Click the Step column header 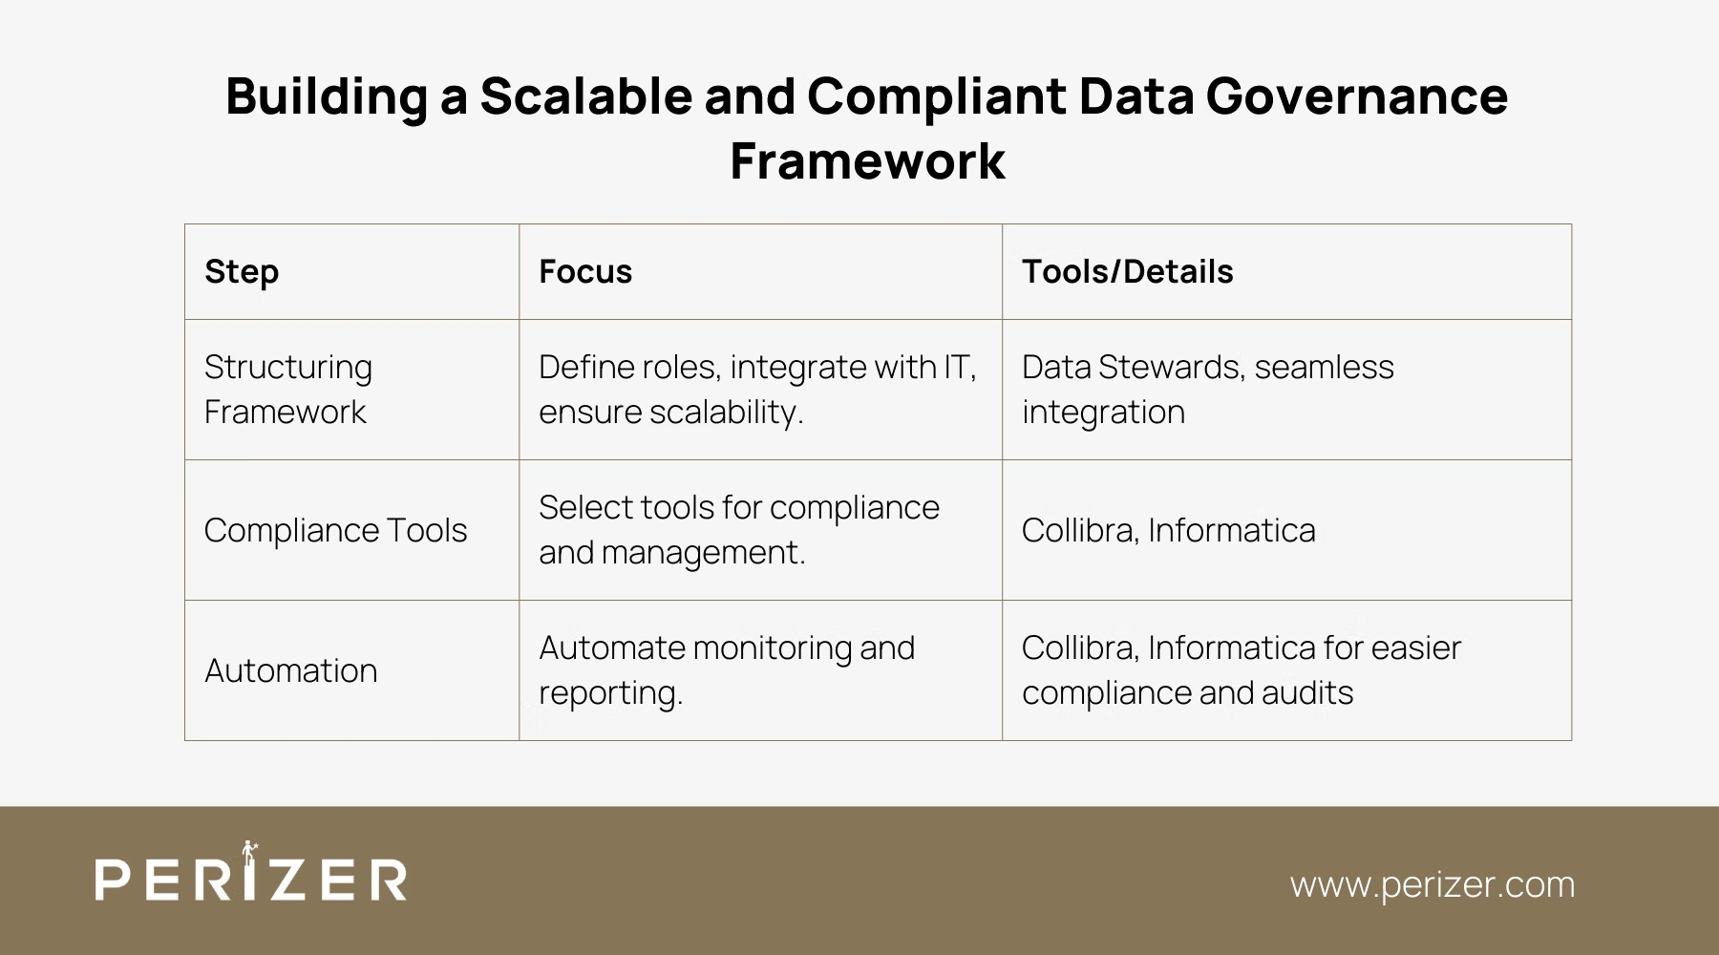pyautogui.click(x=242, y=272)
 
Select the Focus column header pyautogui.click(x=585, y=272)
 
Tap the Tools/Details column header pyautogui.click(x=1127, y=272)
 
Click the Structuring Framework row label pyautogui.click(x=287, y=390)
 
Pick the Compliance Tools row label pyautogui.click(x=335, y=530)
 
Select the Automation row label pyautogui.click(x=290, y=670)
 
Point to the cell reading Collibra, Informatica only pyautogui.click(x=1168, y=530)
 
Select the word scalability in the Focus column pyautogui.click(x=725, y=413)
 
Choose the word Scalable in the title pyautogui.click(x=585, y=96)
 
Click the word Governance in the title pyautogui.click(x=1356, y=96)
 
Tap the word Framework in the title pyautogui.click(x=867, y=160)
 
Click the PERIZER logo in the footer pyautogui.click(x=251, y=878)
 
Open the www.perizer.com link pyautogui.click(x=1432, y=884)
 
